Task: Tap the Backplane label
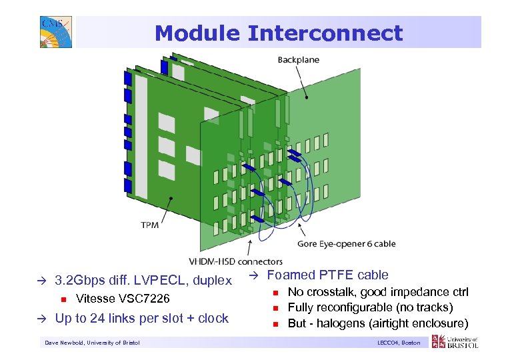pyautogui.click(x=298, y=60)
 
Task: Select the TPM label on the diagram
pyautogui.click(x=150, y=225)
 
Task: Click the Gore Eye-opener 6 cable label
pyautogui.click(x=346, y=244)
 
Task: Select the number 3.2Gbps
pyautogui.click(x=81, y=280)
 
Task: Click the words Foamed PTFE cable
pyautogui.click(x=327, y=275)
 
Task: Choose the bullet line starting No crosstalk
pyautogui.click(x=378, y=292)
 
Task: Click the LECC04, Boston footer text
pyautogui.click(x=398, y=343)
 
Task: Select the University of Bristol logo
pyautogui.click(x=455, y=342)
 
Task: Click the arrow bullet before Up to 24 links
pyautogui.click(x=44, y=319)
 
